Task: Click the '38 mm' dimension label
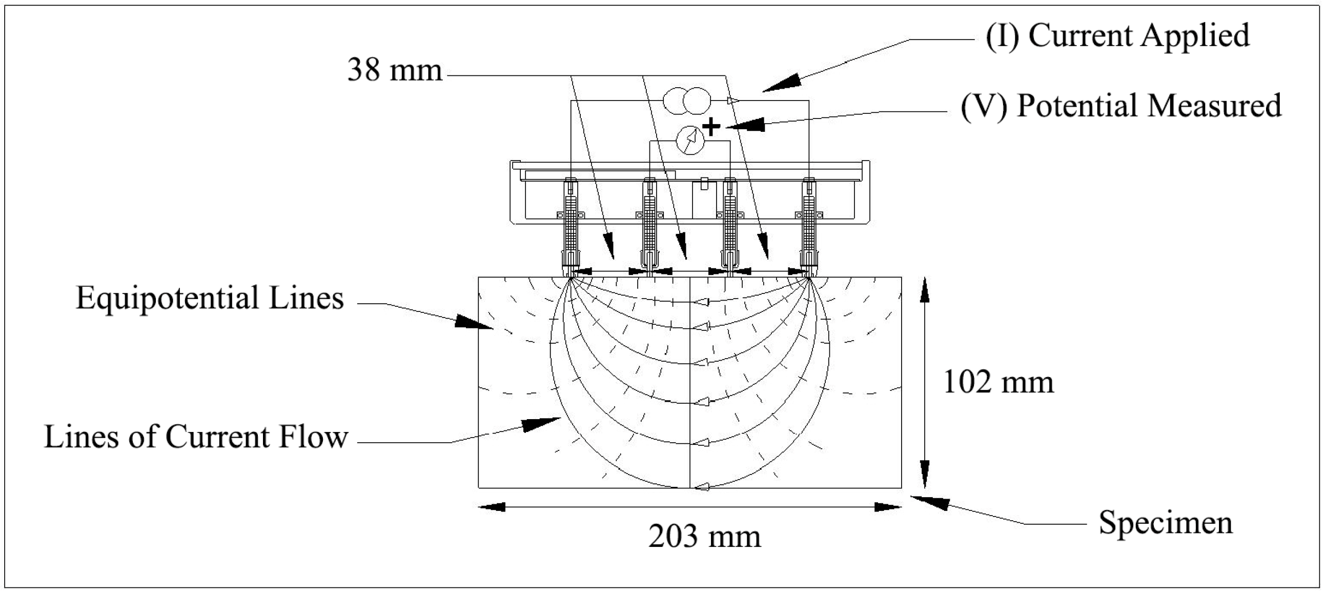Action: [x=395, y=70]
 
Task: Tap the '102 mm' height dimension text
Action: [x=998, y=383]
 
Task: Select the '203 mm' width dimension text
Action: [x=704, y=537]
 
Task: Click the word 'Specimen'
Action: [x=1166, y=523]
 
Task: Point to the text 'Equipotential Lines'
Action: [x=210, y=299]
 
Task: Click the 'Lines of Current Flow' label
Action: [x=196, y=437]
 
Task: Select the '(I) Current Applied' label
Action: [x=1117, y=36]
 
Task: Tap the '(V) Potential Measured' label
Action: [x=1121, y=106]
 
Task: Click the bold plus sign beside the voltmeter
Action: [x=711, y=126]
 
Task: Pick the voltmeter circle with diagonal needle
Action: [x=690, y=141]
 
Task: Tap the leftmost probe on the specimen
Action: [x=571, y=226]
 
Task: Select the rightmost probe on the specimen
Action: [x=809, y=226]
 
